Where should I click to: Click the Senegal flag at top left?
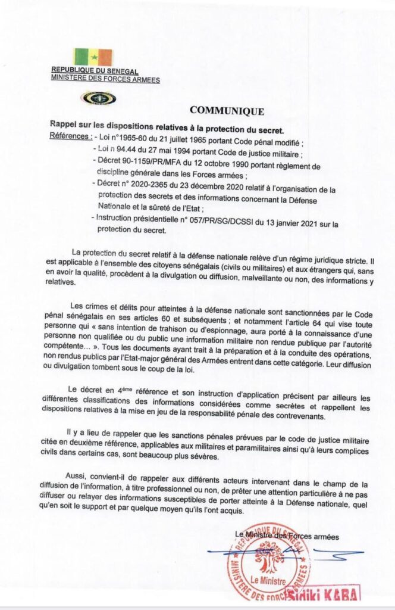pyautogui.click(x=92, y=57)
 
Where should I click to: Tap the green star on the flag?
pyautogui.click(x=93, y=57)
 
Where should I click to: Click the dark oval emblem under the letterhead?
pyautogui.click(x=99, y=98)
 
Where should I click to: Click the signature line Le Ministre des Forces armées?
pyautogui.click(x=287, y=536)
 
